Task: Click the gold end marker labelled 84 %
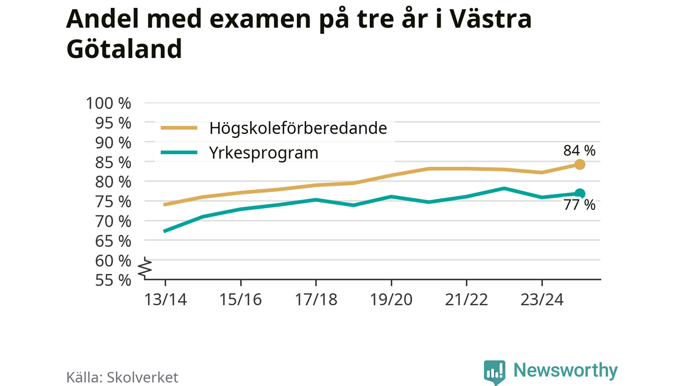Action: (x=579, y=164)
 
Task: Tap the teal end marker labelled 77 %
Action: (x=579, y=194)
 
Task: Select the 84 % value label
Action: (x=579, y=151)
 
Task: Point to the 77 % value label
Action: (x=579, y=205)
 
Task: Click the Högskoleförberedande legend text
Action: (x=298, y=129)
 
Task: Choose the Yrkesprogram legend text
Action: (x=264, y=153)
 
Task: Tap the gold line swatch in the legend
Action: (x=179, y=128)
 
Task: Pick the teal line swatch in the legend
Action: (x=179, y=153)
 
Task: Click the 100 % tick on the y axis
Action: (x=109, y=103)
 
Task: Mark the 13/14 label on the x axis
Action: (x=165, y=300)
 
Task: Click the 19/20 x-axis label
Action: (x=391, y=300)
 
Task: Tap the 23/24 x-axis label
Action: (x=542, y=300)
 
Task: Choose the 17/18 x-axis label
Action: (x=316, y=300)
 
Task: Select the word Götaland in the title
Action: (x=124, y=49)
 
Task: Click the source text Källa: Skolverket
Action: (x=122, y=377)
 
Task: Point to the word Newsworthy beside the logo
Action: (x=565, y=370)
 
